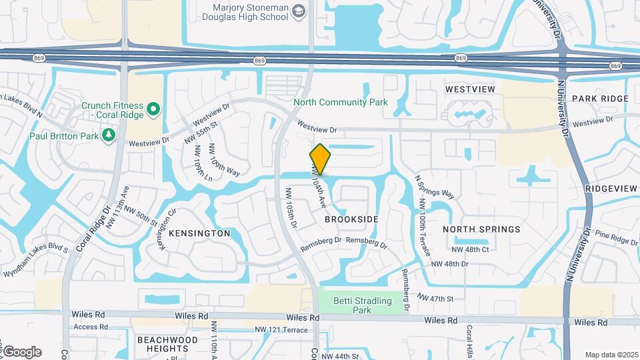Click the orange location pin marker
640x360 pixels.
[x=320, y=159]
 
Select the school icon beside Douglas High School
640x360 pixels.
[x=298, y=11]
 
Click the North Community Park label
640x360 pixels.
[x=340, y=103]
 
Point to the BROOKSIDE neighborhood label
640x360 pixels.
[x=351, y=219]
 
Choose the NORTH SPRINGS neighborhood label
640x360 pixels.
[x=481, y=229]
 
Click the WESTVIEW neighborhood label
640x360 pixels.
[x=470, y=89]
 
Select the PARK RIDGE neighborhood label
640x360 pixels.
[x=600, y=99]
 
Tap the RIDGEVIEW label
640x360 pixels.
[x=611, y=189]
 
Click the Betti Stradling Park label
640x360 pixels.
[x=362, y=305]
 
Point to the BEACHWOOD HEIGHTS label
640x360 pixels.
[x=167, y=344]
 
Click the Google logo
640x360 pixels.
[x=22, y=352]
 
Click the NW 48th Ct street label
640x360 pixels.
[x=470, y=249]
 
